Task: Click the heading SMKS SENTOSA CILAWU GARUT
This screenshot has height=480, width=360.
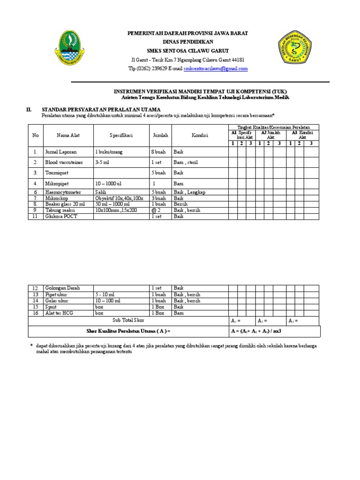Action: tap(188, 51)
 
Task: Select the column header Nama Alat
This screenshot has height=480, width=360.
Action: tap(68, 135)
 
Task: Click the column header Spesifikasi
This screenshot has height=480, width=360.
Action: tap(121, 135)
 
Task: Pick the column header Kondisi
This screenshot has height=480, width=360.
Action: tap(200, 135)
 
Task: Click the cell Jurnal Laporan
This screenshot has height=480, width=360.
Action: tap(60, 152)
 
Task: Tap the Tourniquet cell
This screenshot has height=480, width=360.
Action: tap(57, 173)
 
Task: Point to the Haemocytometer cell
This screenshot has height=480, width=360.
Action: tap(63, 192)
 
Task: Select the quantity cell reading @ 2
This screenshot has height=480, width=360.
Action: tap(156, 210)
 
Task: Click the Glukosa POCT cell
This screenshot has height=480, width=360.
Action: tap(61, 217)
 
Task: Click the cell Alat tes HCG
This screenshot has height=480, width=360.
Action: tap(59, 313)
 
